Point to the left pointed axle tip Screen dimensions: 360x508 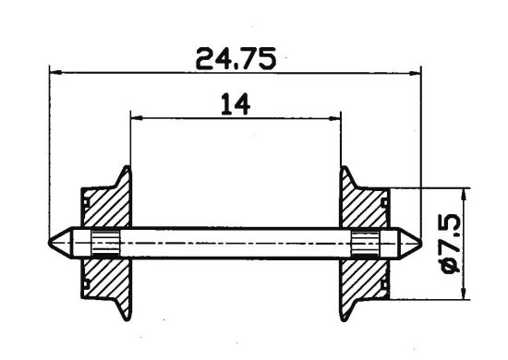click(x=54, y=244)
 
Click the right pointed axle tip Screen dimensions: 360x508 click(x=416, y=244)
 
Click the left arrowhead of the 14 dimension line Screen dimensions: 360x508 click(x=136, y=117)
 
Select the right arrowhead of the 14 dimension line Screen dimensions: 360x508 click(x=336, y=117)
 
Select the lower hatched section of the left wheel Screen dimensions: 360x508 click(x=105, y=282)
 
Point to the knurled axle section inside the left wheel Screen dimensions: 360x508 click(x=106, y=244)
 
